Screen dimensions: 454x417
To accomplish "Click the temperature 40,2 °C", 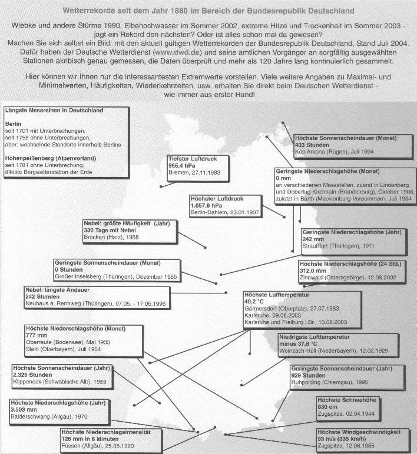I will pos(256,301).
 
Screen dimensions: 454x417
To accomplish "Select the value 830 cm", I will pos(310,407).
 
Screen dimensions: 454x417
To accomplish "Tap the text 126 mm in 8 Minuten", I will pos(91,438).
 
